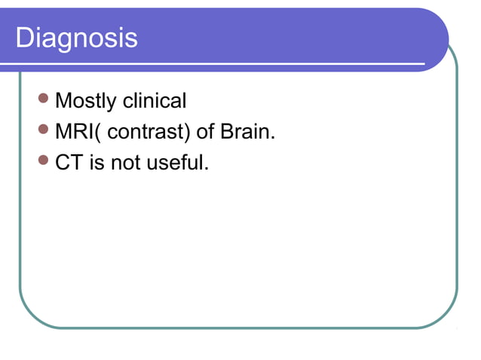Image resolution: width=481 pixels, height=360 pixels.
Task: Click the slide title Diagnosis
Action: pyautogui.click(x=77, y=38)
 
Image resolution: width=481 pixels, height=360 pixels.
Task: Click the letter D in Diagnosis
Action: pyautogui.click(x=25, y=38)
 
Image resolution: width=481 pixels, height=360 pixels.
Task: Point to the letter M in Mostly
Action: pyautogui.click(x=64, y=100)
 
